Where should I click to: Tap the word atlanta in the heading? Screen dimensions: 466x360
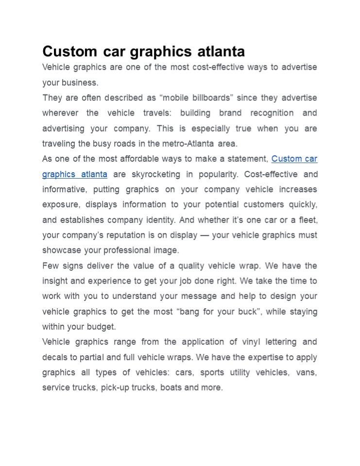pyautogui.click(x=221, y=51)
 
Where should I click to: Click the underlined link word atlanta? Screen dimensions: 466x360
pyautogui.click(x=93, y=174)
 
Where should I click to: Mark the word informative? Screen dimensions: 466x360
pyautogui.click(x=64, y=189)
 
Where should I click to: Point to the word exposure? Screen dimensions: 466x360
pyautogui.click(x=60, y=204)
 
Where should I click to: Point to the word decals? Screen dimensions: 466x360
pyautogui.click(x=54, y=357)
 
